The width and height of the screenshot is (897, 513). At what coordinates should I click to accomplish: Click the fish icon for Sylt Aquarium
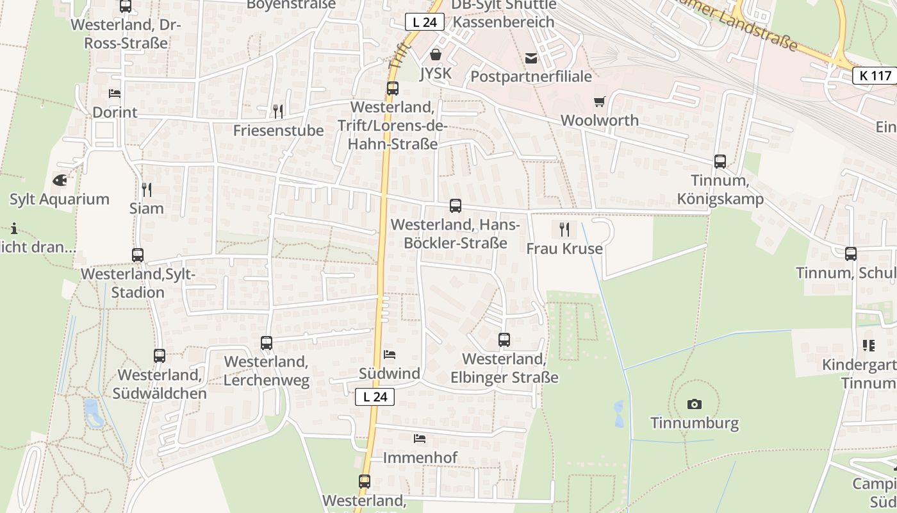point(60,180)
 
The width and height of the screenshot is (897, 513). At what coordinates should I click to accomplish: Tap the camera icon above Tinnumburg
point(694,404)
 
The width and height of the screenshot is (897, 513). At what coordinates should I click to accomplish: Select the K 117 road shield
point(875,76)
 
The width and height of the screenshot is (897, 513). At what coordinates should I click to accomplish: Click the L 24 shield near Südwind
point(375,397)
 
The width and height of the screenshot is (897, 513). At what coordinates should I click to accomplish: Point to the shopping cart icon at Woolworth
point(599,101)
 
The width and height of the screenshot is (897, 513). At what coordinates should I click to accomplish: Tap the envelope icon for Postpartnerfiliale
point(531,58)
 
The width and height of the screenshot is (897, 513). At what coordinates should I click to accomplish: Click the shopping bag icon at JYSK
point(436,55)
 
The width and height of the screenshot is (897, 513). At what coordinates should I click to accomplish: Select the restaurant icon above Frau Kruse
point(564,229)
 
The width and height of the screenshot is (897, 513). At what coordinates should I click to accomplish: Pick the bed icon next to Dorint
point(115,94)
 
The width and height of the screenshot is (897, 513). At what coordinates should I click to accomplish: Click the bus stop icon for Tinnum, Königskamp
point(720,162)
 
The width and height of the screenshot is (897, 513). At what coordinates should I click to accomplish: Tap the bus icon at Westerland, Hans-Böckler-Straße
point(456,206)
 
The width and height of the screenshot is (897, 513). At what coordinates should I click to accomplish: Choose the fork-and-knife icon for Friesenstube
point(278,111)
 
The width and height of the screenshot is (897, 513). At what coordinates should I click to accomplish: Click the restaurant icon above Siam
point(147,189)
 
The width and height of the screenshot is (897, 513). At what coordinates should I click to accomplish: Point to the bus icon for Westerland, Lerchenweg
point(267,343)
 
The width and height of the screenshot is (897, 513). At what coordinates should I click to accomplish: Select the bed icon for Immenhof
point(420,439)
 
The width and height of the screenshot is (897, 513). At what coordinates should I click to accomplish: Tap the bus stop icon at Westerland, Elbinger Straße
point(504,340)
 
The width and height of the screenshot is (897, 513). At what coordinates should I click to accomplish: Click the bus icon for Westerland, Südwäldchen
point(160,355)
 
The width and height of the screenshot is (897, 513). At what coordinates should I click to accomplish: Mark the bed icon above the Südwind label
point(390,354)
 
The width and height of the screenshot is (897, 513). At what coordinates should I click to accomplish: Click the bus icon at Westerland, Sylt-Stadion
point(138,255)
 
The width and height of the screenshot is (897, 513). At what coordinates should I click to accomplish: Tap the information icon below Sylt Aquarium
point(14,228)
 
